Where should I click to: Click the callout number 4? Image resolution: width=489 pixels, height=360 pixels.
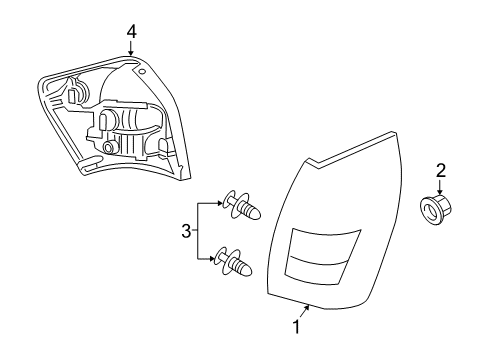(131, 33)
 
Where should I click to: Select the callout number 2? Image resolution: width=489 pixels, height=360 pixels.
(438, 170)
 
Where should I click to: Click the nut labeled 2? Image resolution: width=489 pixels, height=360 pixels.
(436, 211)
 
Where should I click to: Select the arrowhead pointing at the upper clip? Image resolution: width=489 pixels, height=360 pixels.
(217, 203)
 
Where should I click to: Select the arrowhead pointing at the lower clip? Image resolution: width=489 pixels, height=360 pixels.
(217, 260)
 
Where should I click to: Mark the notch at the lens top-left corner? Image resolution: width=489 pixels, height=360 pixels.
(311, 161)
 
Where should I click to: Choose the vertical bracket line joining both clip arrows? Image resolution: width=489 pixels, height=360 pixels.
(196, 232)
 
